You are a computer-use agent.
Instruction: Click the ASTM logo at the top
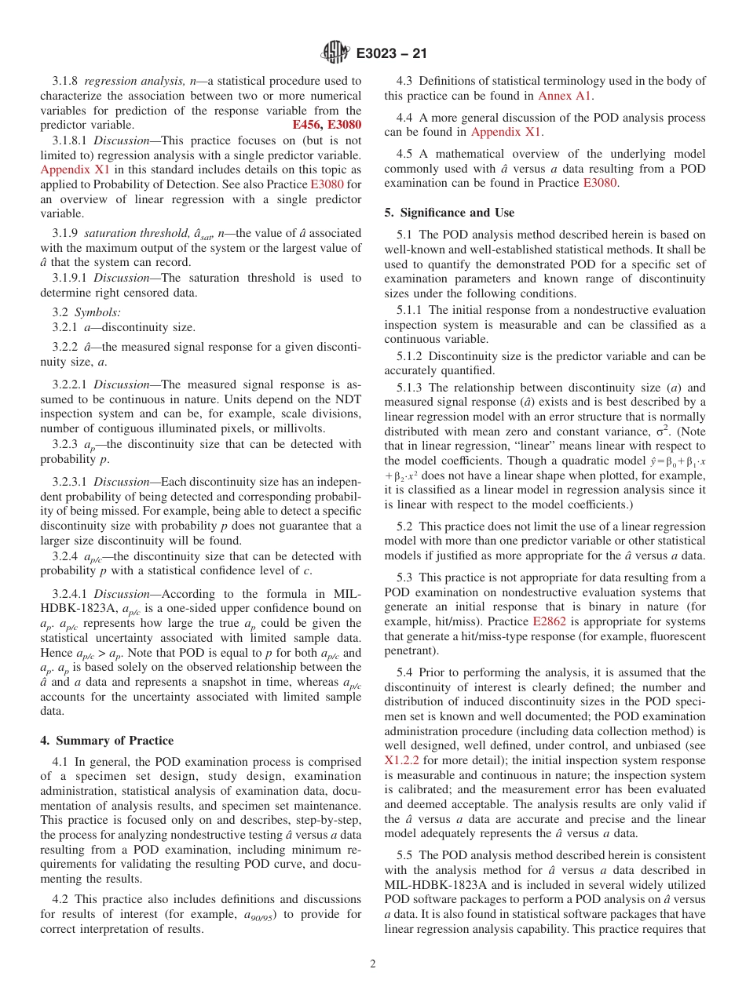[335, 53]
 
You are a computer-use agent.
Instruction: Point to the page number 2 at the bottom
[373, 964]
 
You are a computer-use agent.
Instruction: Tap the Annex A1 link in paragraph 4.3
[565, 96]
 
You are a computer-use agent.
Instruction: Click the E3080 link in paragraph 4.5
[602, 183]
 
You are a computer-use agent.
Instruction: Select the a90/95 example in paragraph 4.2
[264, 915]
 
